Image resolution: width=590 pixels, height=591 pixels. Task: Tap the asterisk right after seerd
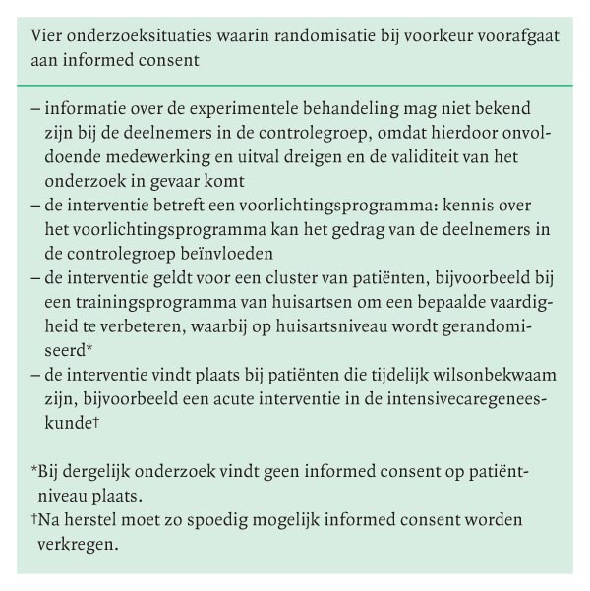89,350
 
